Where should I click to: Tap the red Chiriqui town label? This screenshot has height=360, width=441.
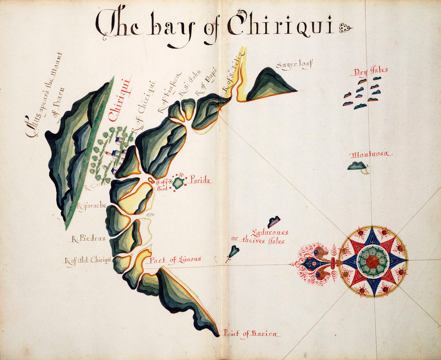(x=115, y=99)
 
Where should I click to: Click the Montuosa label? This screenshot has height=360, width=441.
(x=371, y=154)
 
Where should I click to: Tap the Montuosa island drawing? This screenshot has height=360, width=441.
(x=357, y=166)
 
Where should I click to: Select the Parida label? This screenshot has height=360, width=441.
(x=200, y=181)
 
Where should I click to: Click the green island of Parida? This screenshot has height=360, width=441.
(x=178, y=183)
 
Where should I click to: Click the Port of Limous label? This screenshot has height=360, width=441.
(x=175, y=260)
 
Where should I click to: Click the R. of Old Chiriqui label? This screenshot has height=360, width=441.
(x=88, y=260)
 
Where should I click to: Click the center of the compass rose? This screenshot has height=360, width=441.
(x=373, y=261)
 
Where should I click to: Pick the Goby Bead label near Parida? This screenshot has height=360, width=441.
(x=161, y=185)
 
